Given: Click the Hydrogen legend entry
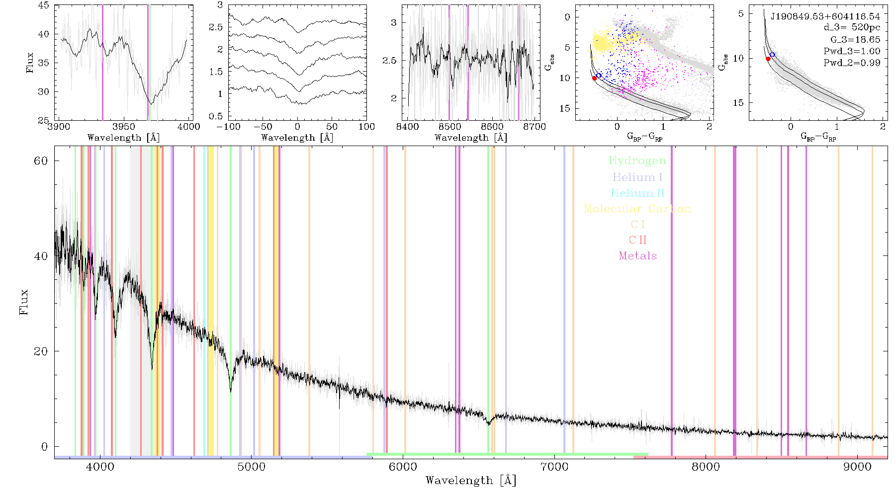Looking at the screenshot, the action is click(x=637, y=161).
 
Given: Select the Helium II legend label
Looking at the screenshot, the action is click(x=637, y=193).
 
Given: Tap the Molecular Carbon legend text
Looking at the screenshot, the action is click(x=637, y=209).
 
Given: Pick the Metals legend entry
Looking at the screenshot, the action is click(x=637, y=256).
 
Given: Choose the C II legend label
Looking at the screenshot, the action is click(x=637, y=240).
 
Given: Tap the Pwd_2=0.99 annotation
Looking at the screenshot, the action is click(x=852, y=63).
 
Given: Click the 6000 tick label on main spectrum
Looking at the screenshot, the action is click(x=403, y=467).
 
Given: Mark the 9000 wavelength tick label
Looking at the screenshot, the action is click(x=857, y=467).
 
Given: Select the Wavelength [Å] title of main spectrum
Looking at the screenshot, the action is click(x=471, y=481).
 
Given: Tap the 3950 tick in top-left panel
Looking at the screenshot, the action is click(x=124, y=127).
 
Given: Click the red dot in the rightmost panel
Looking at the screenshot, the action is click(x=768, y=59).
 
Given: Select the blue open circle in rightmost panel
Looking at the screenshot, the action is click(x=772, y=54).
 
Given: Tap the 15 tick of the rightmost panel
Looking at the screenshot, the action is click(x=738, y=103).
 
